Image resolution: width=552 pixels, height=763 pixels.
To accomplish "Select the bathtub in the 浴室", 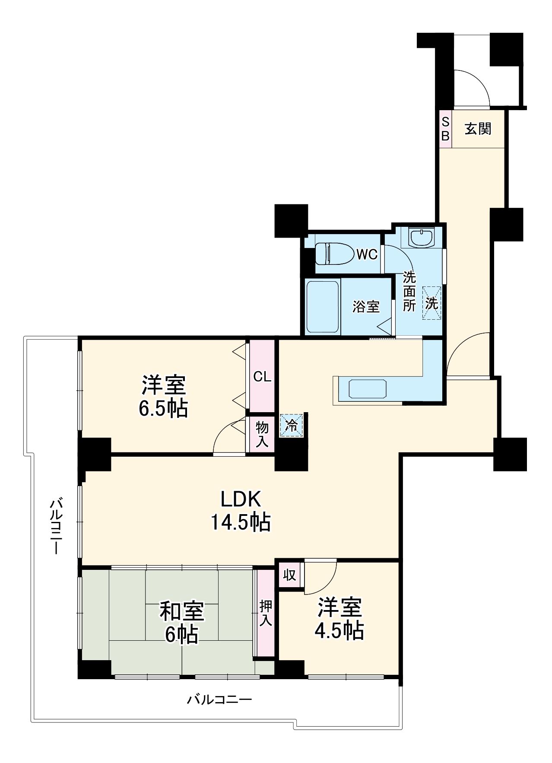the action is tap(322, 307).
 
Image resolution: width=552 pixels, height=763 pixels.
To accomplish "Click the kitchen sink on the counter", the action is tap(368, 389).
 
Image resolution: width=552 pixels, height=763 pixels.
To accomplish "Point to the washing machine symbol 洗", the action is tap(432, 303).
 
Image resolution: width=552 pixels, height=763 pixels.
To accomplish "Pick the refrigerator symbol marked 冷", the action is tap(292, 425).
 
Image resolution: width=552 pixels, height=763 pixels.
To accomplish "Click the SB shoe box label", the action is tap(445, 129).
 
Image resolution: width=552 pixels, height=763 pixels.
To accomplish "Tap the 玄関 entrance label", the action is tap(478, 128).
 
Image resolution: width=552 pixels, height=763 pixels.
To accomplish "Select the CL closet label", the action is tap(262, 377).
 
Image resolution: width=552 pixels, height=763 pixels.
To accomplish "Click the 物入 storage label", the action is tap(262, 434).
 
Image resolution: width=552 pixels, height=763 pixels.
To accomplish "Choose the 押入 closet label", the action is tap(266, 614).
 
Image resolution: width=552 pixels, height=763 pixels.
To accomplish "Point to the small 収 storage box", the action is tap(289, 575).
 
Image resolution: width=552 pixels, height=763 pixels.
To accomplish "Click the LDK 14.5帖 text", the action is tap(241, 511).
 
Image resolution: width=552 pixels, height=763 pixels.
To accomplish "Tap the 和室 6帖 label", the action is tap(182, 623).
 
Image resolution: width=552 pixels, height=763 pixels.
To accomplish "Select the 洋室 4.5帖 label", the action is tap(339, 619).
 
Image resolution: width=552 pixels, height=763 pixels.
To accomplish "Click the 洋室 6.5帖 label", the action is tap(164, 396).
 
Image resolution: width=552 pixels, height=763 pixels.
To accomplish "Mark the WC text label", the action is tap(367, 254).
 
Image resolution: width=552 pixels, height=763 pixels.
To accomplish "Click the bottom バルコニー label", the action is tap(219, 699).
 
